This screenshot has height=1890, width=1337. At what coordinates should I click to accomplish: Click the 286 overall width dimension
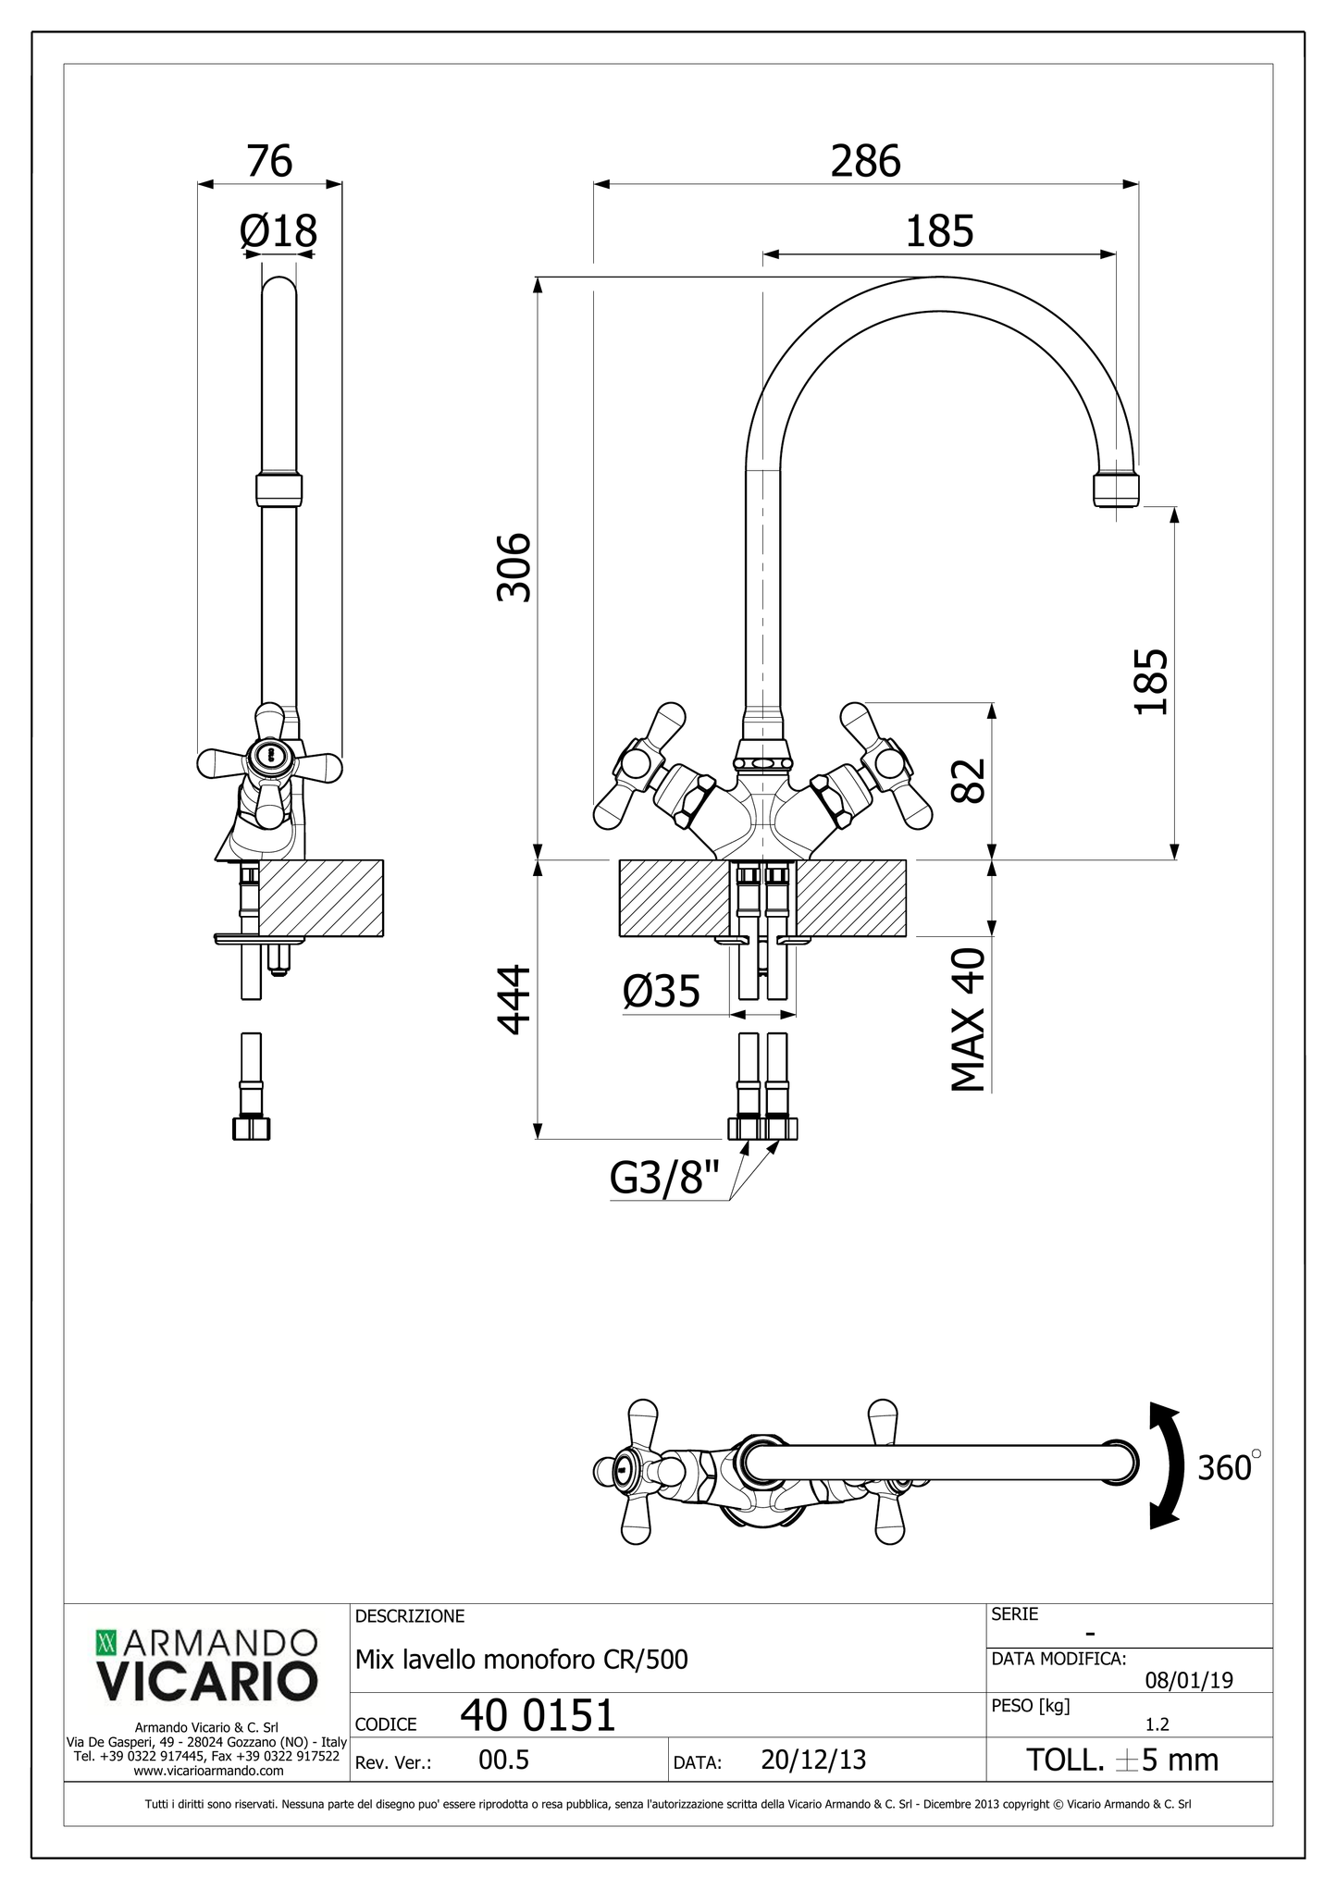(x=865, y=162)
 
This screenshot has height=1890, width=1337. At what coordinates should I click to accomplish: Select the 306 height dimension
(x=514, y=567)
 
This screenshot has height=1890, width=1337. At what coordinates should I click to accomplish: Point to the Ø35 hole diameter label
(x=662, y=993)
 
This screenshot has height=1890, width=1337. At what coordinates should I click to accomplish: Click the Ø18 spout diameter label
(x=278, y=231)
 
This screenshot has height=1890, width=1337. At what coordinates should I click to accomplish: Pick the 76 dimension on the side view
(x=269, y=162)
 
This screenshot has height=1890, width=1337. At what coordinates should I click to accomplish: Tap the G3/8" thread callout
(x=664, y=1180)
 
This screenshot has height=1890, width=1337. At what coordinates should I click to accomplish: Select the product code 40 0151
(x=538, y=1716)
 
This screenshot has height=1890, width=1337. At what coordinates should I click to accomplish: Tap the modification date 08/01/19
(x=1189, y=1680)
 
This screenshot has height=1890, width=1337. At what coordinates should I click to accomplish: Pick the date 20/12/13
(x=813, y=1760)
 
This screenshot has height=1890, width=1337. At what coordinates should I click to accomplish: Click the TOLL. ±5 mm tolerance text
(x=1122, y=1760)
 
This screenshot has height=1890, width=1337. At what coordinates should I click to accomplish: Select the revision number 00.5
(x=503, y=1760)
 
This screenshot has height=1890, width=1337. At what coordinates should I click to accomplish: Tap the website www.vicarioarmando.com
(x=208, y=1771)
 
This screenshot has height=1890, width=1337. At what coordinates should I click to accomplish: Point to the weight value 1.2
(x=1157, y=1724)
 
